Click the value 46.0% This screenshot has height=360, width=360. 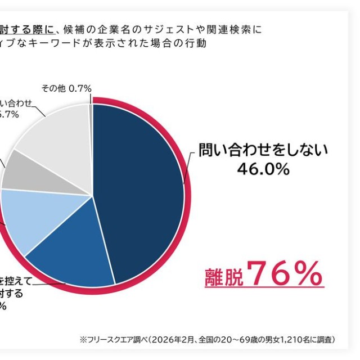click(263, 169)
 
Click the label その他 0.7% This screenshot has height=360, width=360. click(66, 88)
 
